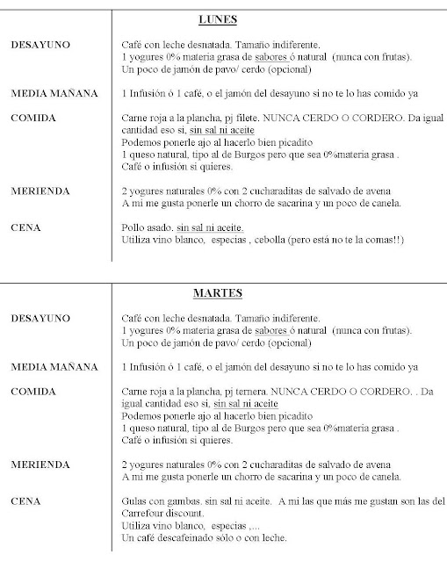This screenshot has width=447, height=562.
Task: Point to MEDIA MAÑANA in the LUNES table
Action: (x=54, y=93)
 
